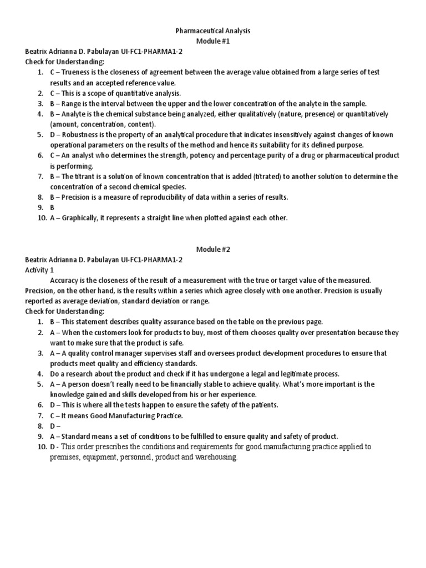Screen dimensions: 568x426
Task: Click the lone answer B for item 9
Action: (x=52, y=207)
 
